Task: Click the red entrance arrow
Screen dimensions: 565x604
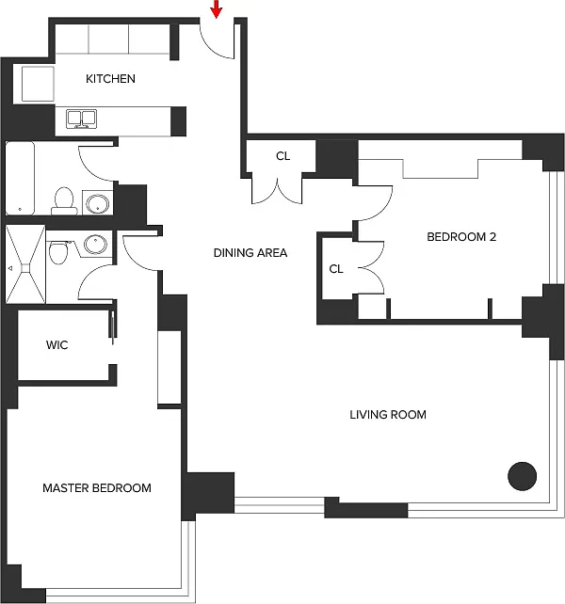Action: pos(217,9)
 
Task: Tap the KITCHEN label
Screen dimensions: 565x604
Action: pos(110,79)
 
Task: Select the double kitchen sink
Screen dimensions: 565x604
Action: pos(82,118)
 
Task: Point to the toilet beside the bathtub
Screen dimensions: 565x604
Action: pos(63,199)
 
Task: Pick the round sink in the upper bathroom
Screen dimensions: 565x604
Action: pos(96,202)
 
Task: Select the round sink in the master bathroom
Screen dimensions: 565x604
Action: pos(93,245)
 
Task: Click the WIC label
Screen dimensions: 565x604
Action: pos(56,345)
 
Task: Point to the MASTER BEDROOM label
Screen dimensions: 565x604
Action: pos(97,488)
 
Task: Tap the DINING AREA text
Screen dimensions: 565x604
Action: pos(250,252)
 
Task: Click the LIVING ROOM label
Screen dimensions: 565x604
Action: pos(388,414)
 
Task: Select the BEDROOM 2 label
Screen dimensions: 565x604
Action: pos(461,237)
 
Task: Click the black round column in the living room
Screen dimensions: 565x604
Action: pos(522,476)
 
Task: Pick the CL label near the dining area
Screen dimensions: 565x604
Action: pos(282,156)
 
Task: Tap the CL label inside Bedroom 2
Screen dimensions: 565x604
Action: pos(336,269)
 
